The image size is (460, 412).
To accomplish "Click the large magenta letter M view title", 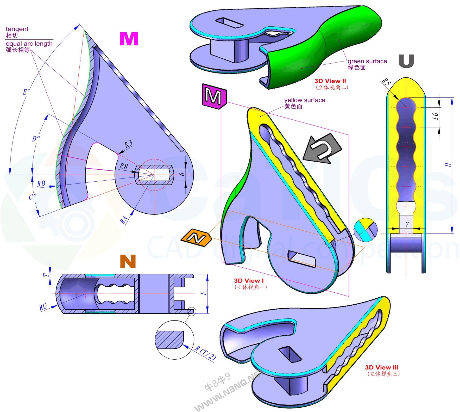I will [x=129, y=39].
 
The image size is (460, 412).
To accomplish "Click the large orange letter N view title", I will [x=128, y=261].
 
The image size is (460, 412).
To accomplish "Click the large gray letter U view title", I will [x=406, y=61].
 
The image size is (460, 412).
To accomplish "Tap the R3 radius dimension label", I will [x=128, y=144].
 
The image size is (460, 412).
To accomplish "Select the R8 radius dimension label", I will [x=123, y=166].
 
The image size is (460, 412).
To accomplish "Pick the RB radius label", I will [x=41, y=184].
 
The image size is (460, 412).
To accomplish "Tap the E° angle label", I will [x=26, y=92].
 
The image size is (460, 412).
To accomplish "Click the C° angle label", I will [x=33, y=197].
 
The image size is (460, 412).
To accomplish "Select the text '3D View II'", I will [x=330, y=81].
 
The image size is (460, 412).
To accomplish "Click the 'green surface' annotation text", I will [x=367, y=62].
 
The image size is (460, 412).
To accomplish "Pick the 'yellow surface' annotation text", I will [x=305, y=100].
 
